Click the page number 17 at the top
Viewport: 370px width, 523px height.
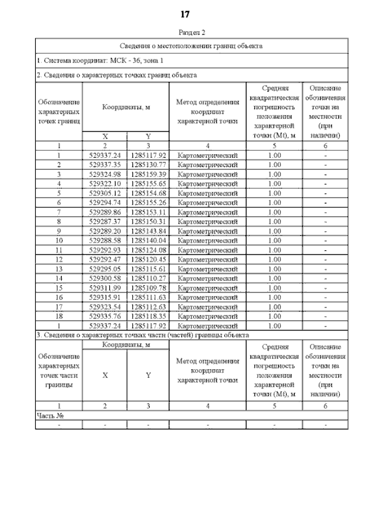click(185, 14)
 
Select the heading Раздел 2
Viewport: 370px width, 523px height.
click(192, 32)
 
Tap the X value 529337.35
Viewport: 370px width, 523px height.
click(105, 165)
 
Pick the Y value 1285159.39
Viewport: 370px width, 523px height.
click(148, 174)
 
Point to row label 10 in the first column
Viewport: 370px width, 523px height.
click(59, 240)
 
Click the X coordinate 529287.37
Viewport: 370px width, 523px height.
click(105, 221)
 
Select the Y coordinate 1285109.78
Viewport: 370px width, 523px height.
click(148, 287)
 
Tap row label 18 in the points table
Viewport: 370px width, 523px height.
click(59, 316)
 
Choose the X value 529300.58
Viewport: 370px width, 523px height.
click(105, 278)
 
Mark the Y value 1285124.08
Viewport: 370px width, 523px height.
click(148, 250)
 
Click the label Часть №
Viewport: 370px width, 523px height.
click(49, 415)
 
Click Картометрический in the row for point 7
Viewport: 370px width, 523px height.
click(208, 212)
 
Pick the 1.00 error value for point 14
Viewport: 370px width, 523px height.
click(275, 278)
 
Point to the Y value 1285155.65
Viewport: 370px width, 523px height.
click(148, 183)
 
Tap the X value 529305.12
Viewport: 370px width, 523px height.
click(105, 192)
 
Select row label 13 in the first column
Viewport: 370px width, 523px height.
click(59, 269)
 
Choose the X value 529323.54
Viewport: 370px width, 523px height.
click(105, 306)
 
